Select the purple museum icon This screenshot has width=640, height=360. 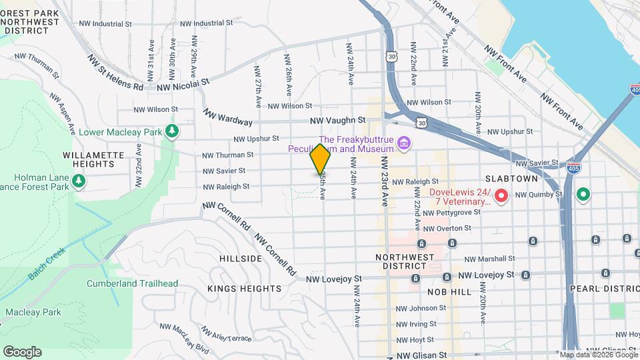coord(403,143)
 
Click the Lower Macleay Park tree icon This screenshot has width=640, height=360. coord(173,131)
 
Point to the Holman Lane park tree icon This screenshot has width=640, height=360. coord(79,181)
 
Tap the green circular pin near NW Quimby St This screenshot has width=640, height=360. coord(583,195)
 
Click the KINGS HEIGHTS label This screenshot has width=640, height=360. coord(244,289)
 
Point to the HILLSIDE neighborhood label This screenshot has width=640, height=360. coord(241,258)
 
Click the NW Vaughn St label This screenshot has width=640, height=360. coord(338,120)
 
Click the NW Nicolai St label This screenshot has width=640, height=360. coord(183,85)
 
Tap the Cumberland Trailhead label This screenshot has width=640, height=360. coord(132,283)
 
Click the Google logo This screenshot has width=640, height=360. coord(22,352)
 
